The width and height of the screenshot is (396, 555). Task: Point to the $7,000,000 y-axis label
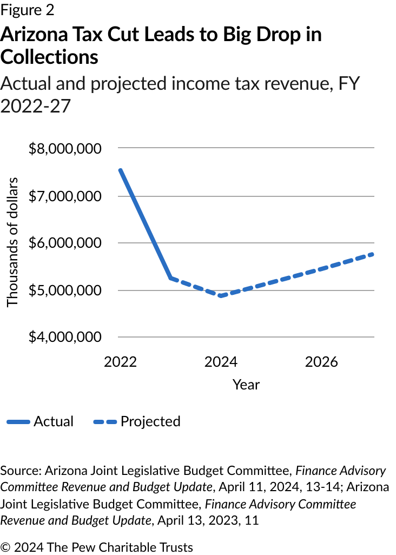coord(65,195)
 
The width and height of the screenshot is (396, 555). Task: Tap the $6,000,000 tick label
coord(65,243)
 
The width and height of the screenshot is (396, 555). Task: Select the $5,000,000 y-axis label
coord(65,290)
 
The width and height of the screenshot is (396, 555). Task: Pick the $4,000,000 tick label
coord(65,338)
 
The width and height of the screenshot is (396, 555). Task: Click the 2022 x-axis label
coord(120,361)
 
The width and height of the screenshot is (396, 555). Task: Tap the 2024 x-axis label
coord(221,361)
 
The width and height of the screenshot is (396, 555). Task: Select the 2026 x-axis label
coord(321,361)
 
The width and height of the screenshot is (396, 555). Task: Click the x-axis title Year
coord(246,385)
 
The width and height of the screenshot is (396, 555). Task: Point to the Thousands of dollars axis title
coord(12,242)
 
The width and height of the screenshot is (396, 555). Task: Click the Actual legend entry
coord(53,421)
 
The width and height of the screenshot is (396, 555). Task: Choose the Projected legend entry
coord(150,421)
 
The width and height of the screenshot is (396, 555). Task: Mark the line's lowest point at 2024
coord(221,296)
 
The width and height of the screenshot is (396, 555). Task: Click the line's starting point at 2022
coord(120,169)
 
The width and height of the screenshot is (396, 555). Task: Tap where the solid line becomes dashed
coord(170,278)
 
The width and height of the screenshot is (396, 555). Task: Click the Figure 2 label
coord(27,10)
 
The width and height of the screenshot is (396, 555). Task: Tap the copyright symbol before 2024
coord(6,547)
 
